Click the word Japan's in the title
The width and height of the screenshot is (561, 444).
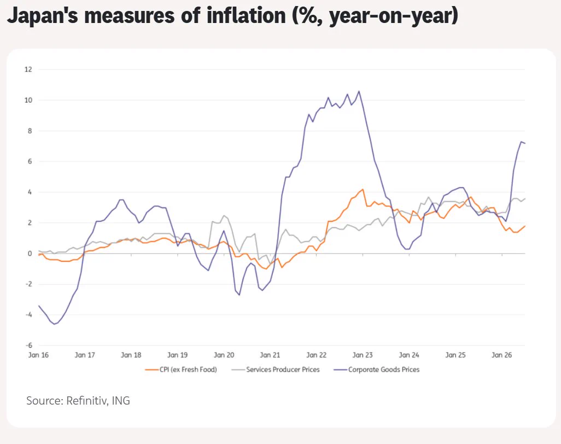click(x=43, y=15)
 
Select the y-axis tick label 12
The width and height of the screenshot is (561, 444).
click(x=28, y=70)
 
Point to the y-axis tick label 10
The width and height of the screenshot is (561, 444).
click(x=28, y=100)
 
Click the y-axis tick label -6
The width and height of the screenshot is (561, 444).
click(x=28, y=345)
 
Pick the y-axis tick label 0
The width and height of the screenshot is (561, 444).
click(x=30, y=253)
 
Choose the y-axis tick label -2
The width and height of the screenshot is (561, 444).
click(x=28, y=284)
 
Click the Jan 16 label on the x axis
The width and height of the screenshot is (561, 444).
click(x=38, y=355)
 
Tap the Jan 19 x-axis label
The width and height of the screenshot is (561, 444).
click(x=178, y=355)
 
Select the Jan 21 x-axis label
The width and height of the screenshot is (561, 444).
click(x=270, y=355)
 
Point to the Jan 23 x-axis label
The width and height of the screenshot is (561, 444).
click(x=363, y=355)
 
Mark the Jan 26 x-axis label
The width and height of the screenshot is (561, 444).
click(x=501, y=355)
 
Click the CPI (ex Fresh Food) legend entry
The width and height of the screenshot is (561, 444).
click(x=181, y=370)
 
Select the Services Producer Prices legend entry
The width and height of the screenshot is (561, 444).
click(x=276, y=370)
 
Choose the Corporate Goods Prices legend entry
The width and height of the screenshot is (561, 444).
click(x=376, y=370)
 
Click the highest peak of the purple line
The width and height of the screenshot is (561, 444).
click(x=359, y=91)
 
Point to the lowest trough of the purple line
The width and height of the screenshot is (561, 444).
click(x=54, y=324)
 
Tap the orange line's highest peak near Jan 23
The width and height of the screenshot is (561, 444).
click(x=363, y=189)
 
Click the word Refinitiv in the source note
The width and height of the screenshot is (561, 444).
click(x=87, y=401)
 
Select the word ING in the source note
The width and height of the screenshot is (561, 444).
click(x=121, y=401)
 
